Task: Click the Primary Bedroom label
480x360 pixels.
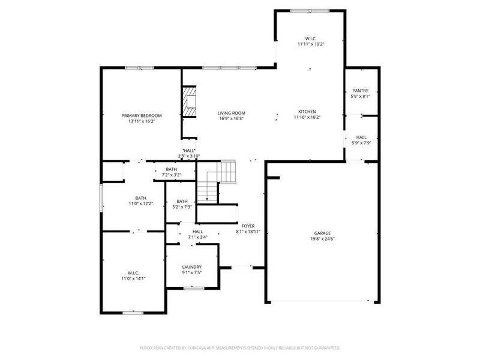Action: tap(141, 115)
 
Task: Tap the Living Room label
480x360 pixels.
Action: tap(231, 113)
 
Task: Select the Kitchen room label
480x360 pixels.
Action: tap(307, 112)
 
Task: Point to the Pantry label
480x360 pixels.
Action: tap(360, 91)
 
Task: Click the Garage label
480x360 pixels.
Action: tap(322, 233)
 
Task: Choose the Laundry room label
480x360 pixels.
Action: tap(192, 267)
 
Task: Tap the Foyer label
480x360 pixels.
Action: tap(248, 226)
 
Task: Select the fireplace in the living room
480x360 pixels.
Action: tap(190, 104)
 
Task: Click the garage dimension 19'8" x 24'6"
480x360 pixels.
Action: tap(322, 239)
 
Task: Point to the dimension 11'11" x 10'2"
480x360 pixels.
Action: tap(310, 44)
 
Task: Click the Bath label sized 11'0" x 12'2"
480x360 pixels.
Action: tap(140, 198)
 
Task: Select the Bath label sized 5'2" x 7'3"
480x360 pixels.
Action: tap(182, 201)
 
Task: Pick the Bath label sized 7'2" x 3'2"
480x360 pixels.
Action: tap(172, 169)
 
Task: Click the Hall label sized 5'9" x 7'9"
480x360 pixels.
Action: tap(361, 137)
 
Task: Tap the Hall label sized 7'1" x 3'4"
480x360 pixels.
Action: tap(197, 232)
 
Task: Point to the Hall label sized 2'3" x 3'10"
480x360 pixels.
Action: tap(189, 151)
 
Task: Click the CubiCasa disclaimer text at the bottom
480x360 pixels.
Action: tap(240, 347)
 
